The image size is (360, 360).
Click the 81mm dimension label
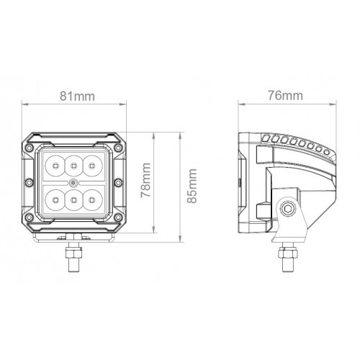pyautogui.click(x=77, y=96)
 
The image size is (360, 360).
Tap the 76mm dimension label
pyautogui.click(x=285, y=96)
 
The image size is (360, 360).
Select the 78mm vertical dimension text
pyautogui.click(x=145, y=180)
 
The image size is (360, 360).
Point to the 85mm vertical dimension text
pyautogui.click(x=192, y=186)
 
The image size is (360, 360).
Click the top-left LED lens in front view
pyautogui.click(x=55, y=166)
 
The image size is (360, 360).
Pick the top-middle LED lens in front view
pyautogui.click(x=73, y=166)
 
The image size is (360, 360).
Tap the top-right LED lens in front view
pyautogui.click(x=92, y=166)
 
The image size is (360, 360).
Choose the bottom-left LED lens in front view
pyautogui.click(x=55, y=199)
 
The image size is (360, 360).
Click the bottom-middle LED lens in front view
pyautogui.click(x=73, y=199)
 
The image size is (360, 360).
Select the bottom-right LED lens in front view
pyautogui.click(x=92, y=199)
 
